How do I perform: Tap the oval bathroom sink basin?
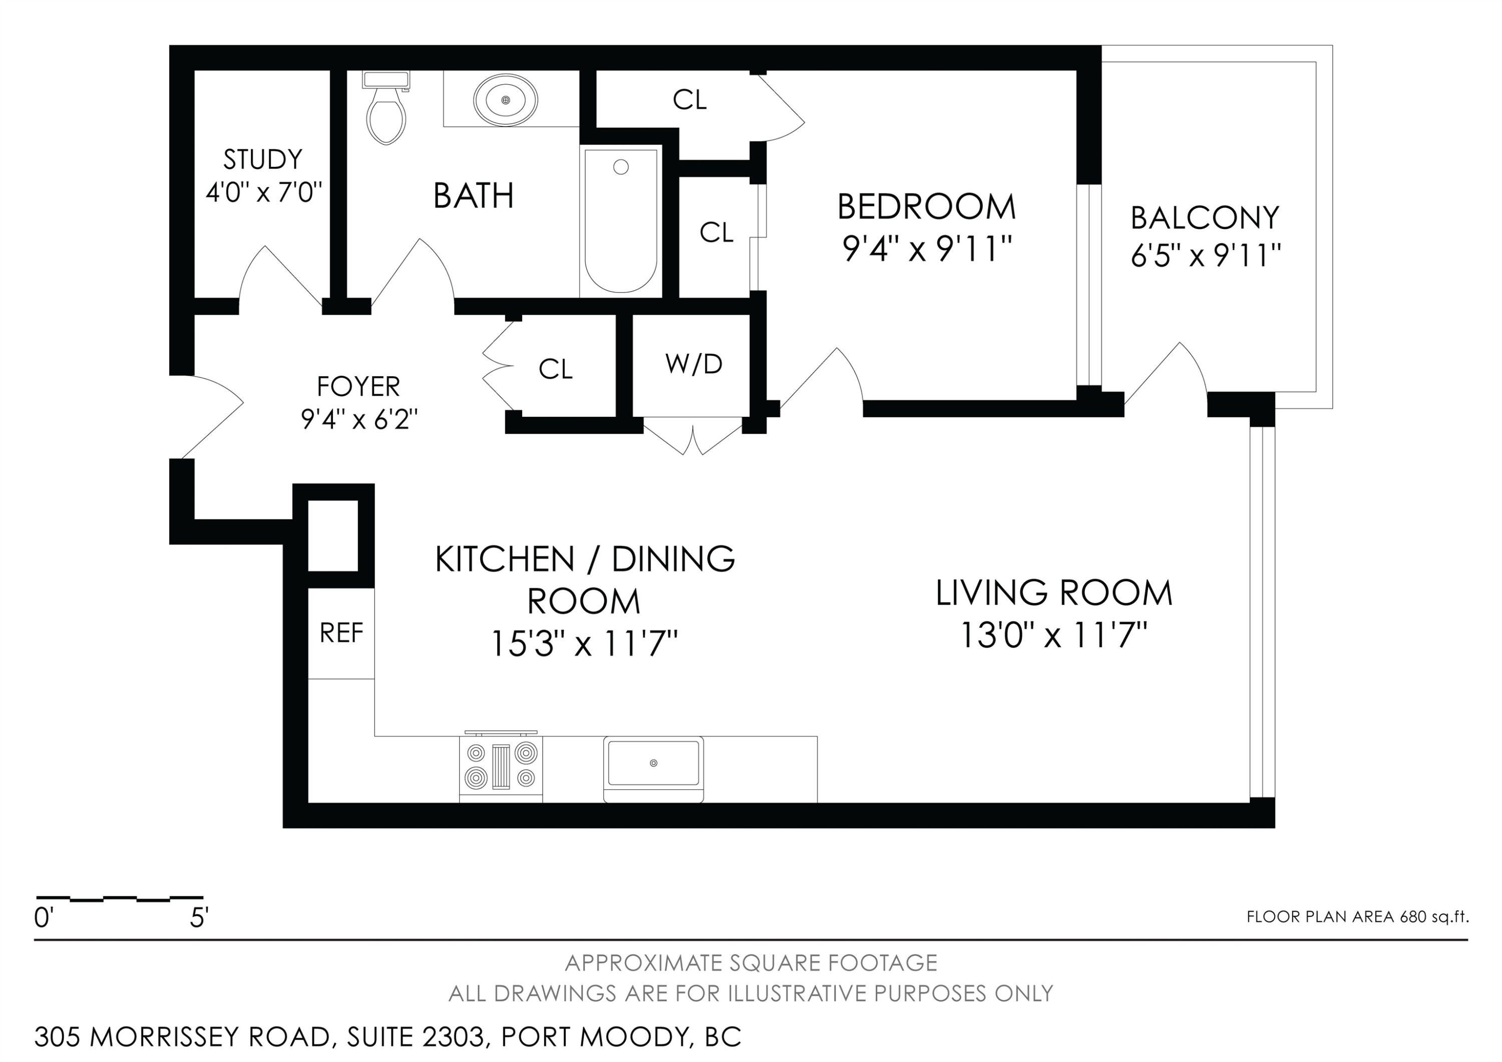click(x=506, y=100)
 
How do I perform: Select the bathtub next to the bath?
click(x=621, y=220)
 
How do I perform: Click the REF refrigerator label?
click(x=341, y=633)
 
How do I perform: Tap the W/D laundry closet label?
click(x=693, y=364)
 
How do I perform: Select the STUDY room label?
click(x=263, y=159)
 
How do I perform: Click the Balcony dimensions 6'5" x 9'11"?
click(x=1206, y=255)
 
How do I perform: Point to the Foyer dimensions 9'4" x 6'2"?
click(x=359, y=419)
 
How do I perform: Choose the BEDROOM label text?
click(x=926, y=207)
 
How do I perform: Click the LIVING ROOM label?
click(x=1054, y=593)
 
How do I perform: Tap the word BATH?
click(x=474, y=196)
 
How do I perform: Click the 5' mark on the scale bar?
click(x=199, y=918)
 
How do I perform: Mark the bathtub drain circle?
click(x=621, y=167)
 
